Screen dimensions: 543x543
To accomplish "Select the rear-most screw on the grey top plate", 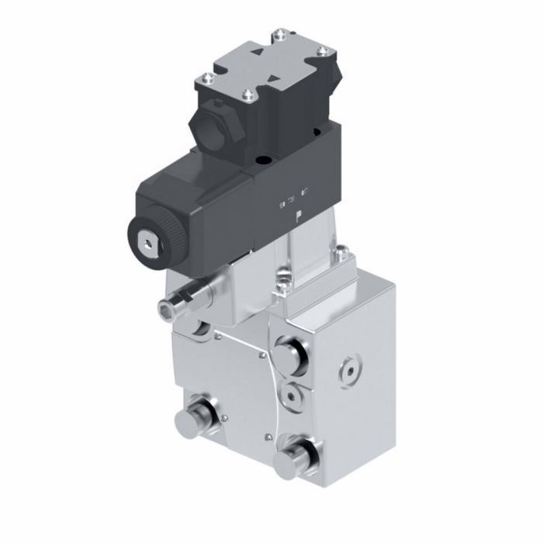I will coord(277,33).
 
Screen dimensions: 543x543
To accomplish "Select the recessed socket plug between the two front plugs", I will coord(292,395).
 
